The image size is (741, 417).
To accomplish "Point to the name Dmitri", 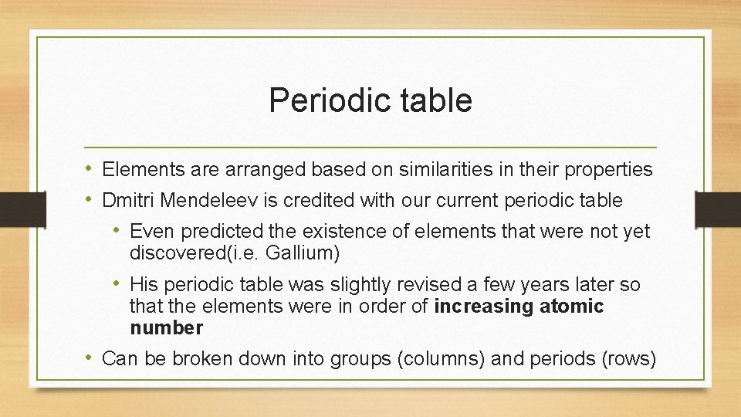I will [128, 201].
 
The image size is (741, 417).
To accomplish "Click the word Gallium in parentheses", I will [302, 253].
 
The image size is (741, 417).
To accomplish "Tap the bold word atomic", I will [571, 307].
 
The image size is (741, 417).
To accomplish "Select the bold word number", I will [166, 328].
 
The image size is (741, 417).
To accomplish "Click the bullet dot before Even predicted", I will [118, 231].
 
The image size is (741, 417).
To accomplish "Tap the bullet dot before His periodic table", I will [118, 284].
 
